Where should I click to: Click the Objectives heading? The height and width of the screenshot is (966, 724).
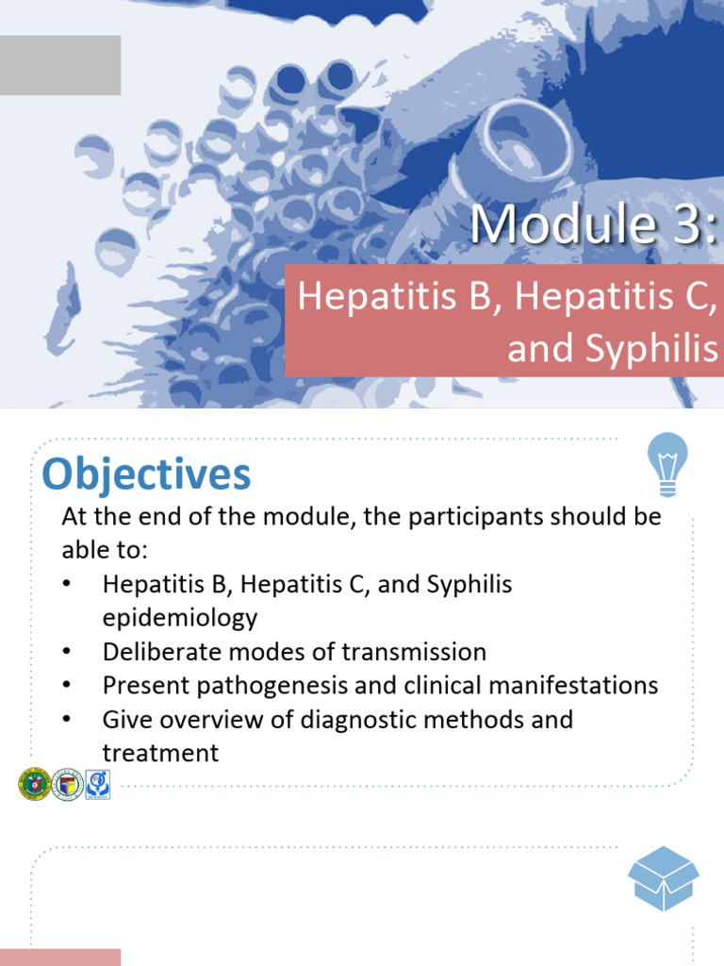146,475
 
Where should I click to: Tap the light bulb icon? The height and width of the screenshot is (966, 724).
667,463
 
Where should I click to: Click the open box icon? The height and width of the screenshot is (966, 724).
664,877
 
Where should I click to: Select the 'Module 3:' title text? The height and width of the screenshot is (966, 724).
593,225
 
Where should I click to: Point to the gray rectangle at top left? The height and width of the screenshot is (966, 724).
60,65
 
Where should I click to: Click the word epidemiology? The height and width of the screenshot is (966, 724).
179,618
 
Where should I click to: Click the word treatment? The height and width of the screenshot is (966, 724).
160,753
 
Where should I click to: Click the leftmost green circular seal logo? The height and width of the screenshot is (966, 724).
35,784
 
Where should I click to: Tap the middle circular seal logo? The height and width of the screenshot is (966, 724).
68,784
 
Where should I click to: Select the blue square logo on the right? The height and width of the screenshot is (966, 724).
98,784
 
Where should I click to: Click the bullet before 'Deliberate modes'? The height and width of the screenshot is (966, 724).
67,652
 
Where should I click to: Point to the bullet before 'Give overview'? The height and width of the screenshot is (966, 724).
67,720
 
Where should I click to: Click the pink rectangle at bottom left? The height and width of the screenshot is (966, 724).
60,957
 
